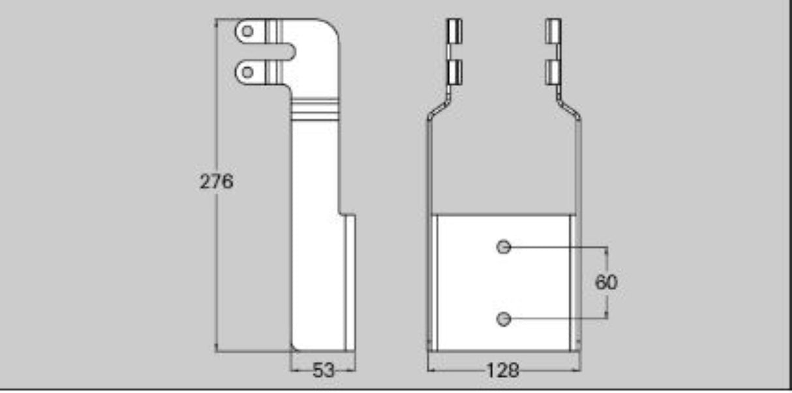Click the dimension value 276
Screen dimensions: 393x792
[216, 181]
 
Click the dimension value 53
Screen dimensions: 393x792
[323, 371]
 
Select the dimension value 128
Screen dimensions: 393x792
[503, 371]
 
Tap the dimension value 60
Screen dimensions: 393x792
[607, 283]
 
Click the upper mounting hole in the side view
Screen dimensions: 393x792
[247, 31]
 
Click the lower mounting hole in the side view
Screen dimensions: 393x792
[247, 71]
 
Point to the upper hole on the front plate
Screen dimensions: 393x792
[503, 247]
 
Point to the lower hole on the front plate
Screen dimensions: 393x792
[503, 319]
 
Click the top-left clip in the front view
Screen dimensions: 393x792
[454, 31]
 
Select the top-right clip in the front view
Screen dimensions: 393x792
[553, 31]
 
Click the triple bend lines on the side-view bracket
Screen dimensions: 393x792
[315, 108]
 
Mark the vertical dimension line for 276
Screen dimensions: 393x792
[216, 261]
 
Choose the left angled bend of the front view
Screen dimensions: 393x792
[438, 109]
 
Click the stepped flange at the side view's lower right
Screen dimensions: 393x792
[350, 281]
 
